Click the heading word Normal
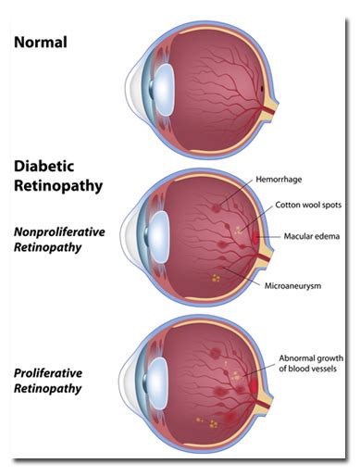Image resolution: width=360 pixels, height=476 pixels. point(41,42)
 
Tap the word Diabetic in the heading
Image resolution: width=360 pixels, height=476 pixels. point(43,166)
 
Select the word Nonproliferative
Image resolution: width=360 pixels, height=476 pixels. point(59,232)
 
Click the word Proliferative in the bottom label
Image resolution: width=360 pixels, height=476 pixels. point(48,373)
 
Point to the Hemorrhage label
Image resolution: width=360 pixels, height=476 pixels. point(279,180)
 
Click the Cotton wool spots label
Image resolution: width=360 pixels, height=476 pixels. point(308,205)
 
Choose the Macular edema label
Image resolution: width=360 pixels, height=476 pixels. point(312,236)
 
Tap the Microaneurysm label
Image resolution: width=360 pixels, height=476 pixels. point(292,286)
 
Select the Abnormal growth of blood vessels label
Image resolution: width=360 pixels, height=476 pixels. point(311,363)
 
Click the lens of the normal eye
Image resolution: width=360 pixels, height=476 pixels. point(164,90)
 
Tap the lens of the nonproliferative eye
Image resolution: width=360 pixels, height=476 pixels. point(158,237)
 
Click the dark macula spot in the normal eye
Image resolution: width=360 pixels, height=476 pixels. point(262,89)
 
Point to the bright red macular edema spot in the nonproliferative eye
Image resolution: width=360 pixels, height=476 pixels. point(255,238)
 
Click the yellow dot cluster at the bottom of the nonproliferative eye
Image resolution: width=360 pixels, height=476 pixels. point(216,279)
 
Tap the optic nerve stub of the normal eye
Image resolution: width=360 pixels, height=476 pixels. point(270,110)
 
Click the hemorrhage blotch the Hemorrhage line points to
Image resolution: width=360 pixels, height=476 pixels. point(217,208)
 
